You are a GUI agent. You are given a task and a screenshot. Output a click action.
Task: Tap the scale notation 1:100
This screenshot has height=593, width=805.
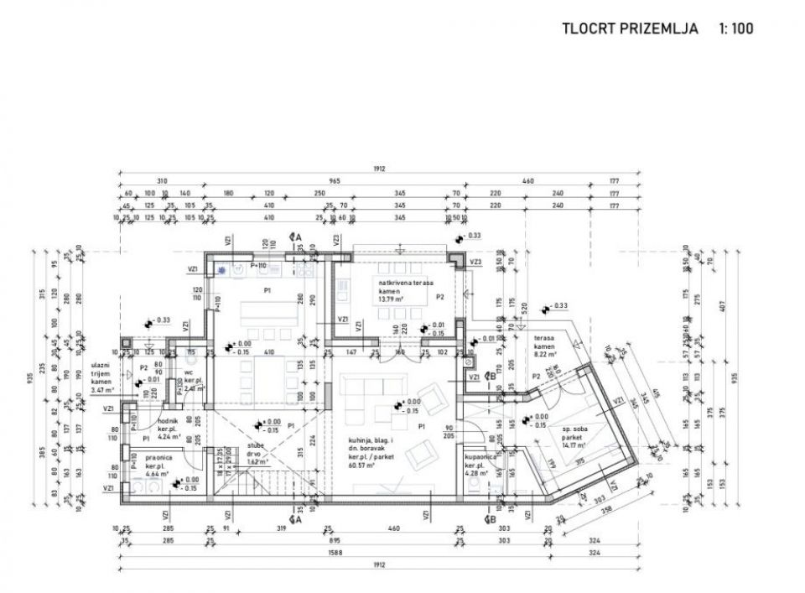coord(735,29)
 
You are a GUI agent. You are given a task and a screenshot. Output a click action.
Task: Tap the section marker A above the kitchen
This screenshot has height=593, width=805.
coord(295,237)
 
